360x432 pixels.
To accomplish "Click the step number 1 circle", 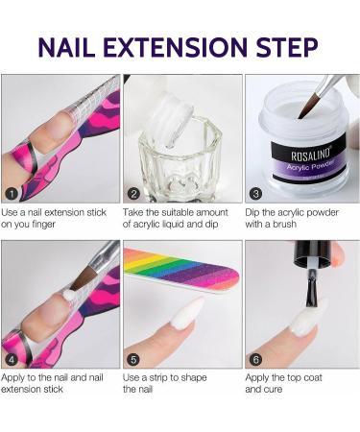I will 12,192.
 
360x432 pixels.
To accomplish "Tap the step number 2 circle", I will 134,192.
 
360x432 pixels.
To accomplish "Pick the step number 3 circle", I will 255,192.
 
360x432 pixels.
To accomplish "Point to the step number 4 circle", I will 12,359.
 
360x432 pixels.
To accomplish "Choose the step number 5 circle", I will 134,359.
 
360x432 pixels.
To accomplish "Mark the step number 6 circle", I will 255,359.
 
